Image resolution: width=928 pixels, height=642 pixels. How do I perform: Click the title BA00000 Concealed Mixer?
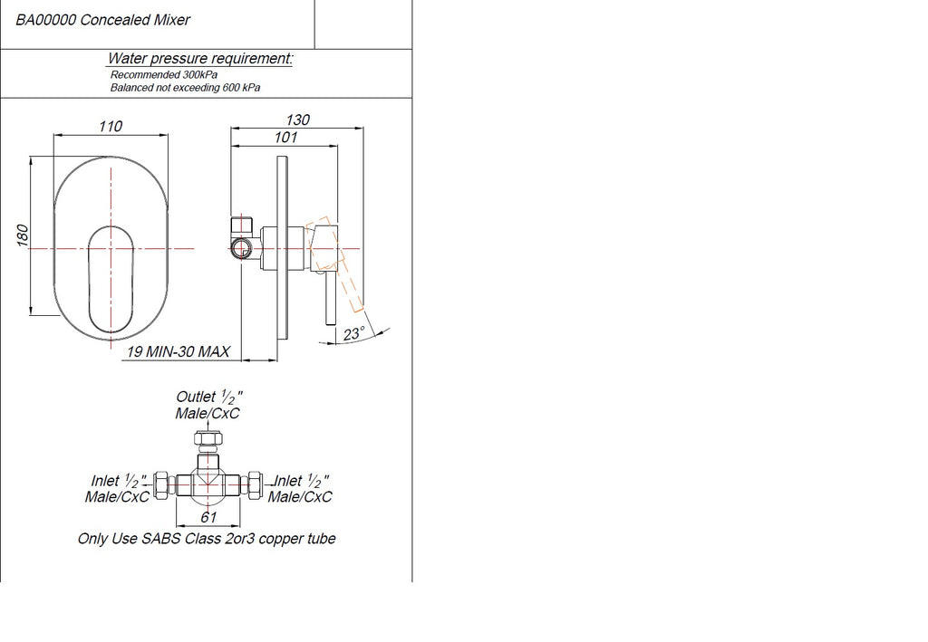pos(102,20)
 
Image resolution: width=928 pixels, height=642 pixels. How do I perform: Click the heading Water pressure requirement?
pos(200,59)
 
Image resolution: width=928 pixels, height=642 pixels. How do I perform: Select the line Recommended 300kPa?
pos(164,75)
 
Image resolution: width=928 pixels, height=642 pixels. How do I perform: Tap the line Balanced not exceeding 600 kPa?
pos(185,88)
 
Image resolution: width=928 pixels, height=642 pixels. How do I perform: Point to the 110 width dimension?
pos(111,126)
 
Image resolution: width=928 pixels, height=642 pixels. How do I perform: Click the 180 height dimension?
pos(22,235)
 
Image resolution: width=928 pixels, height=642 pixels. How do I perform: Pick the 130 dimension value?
pos(297,120)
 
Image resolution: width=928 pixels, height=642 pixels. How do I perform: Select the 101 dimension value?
pos(285,137)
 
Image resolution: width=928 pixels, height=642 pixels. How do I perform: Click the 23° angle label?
pos(354,334)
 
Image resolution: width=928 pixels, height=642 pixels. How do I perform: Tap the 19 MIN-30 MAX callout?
pos(179,351)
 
